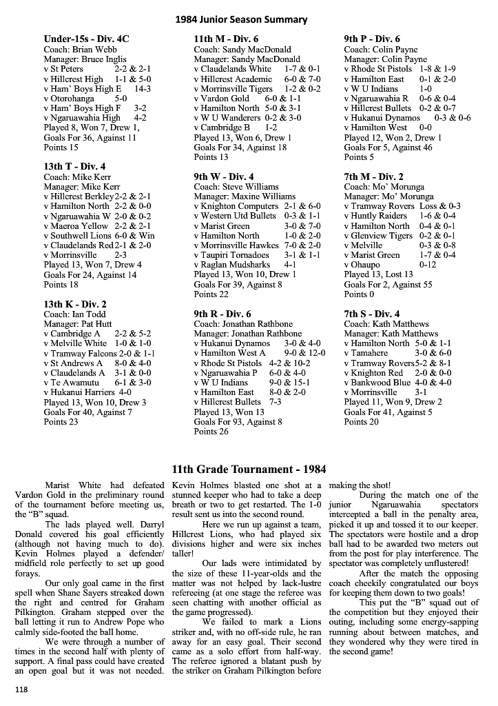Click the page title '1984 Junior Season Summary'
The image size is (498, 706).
click(249, 19)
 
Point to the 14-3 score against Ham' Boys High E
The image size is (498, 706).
click(143, 89)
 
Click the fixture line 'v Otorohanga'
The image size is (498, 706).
click(71, 99)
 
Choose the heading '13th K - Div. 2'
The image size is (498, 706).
click(75, 304)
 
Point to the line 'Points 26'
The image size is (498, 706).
click(211, 432)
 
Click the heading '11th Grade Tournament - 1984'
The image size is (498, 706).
click(249, 470)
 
